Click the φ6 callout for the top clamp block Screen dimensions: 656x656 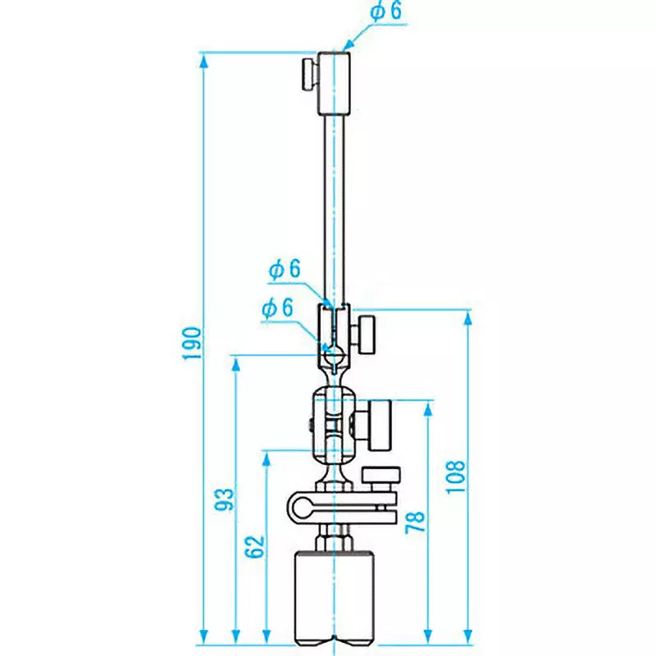(388, 11)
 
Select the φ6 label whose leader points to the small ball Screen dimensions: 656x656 (277, 308)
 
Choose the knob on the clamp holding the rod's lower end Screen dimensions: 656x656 (364, 332)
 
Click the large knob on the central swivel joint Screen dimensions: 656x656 (379, 424)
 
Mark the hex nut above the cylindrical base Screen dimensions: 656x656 (334, 540)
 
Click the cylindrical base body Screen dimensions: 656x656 (334, 594)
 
